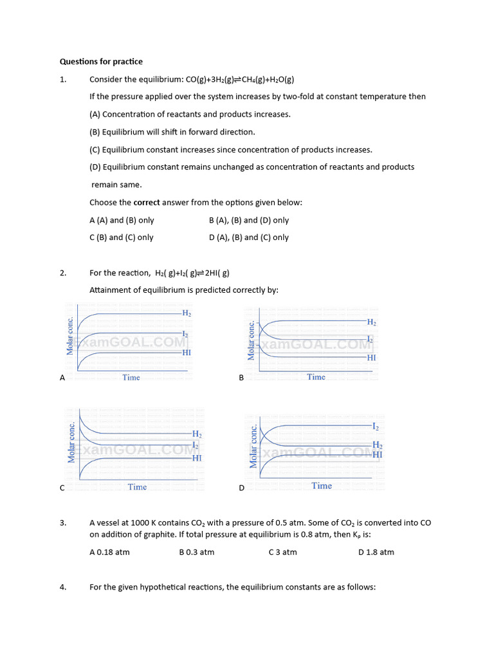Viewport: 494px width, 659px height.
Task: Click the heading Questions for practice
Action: (x=101, y=62)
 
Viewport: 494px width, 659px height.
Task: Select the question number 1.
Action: (x=63, y=79)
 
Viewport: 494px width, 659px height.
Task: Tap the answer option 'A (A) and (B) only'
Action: (x=122, y=220)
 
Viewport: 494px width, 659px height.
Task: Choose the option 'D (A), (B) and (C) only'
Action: (x=249, y=237)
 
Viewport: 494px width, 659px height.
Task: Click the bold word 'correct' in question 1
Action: (x=147, y=203)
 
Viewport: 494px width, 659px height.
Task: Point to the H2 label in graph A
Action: (x=187, y=313)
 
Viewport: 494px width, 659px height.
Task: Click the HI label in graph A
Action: (x=187, y=353)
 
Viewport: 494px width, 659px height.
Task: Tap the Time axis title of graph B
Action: (x=316, y=377)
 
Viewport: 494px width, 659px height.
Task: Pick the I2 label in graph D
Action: (x=376, y=427)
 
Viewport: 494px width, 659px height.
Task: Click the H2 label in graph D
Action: (x=378, y=445)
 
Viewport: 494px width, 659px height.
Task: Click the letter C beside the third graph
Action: (x=62, y=488)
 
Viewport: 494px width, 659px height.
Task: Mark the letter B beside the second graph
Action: (x=241, y=378)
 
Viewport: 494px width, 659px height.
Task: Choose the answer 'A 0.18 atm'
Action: (x=109, y=552)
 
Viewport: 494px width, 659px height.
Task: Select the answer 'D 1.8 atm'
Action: (x=376, y=552)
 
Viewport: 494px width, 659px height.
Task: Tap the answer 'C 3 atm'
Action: (x=282, y=552)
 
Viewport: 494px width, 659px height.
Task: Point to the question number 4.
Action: (x=63, y=587)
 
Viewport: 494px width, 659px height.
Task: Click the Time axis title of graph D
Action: (x=322, y=486)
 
